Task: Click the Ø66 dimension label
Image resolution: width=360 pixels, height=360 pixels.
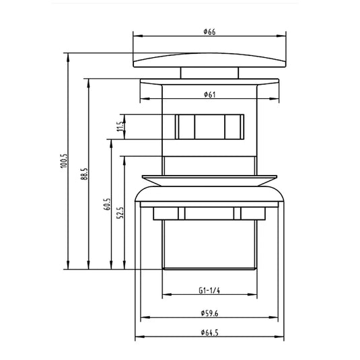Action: click(x=210, y=32)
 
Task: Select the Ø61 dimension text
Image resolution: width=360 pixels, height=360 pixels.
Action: click(x=210, y=94)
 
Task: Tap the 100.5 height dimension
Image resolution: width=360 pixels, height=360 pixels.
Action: click(x=64, y=161)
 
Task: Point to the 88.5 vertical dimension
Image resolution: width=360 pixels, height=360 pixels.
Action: click(x=85, y=174)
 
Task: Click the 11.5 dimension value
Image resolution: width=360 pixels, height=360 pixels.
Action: click(x=120, y=127)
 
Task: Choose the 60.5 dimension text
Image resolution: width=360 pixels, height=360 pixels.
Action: click(x=107, y=205)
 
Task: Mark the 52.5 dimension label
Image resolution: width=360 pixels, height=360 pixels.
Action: click(x=120, y=213)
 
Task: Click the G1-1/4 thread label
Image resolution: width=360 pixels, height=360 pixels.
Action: click(x=209, y=291)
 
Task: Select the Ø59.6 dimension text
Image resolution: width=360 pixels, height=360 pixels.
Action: click(x=210, y=313)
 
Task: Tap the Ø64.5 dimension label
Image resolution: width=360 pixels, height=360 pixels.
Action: click(x=210, y=332)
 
